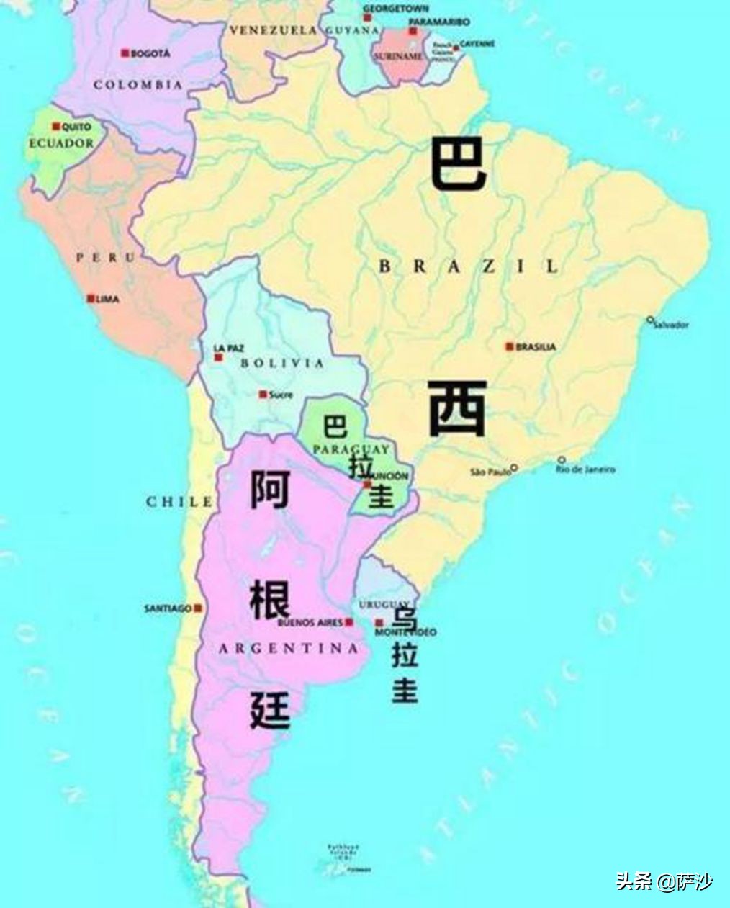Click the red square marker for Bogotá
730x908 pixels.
(125, 53)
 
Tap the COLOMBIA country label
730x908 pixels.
(138, 84)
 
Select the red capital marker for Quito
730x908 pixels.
(55, 126)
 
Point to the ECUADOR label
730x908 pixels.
(61, 143)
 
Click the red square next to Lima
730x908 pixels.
(91, 298)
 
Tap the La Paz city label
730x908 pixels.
(228, 348)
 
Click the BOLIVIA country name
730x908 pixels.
(282, 364)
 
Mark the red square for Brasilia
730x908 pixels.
(510, 346)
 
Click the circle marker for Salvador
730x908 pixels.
(650, 319)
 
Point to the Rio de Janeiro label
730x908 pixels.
(585, 469)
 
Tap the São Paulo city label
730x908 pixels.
(490, 472)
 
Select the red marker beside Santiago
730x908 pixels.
(198, 608)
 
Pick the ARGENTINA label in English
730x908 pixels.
(288, 649)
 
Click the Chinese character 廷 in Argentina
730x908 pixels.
(270, 709)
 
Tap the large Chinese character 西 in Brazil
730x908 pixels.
(457, 409)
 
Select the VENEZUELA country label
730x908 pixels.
(273, 30)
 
